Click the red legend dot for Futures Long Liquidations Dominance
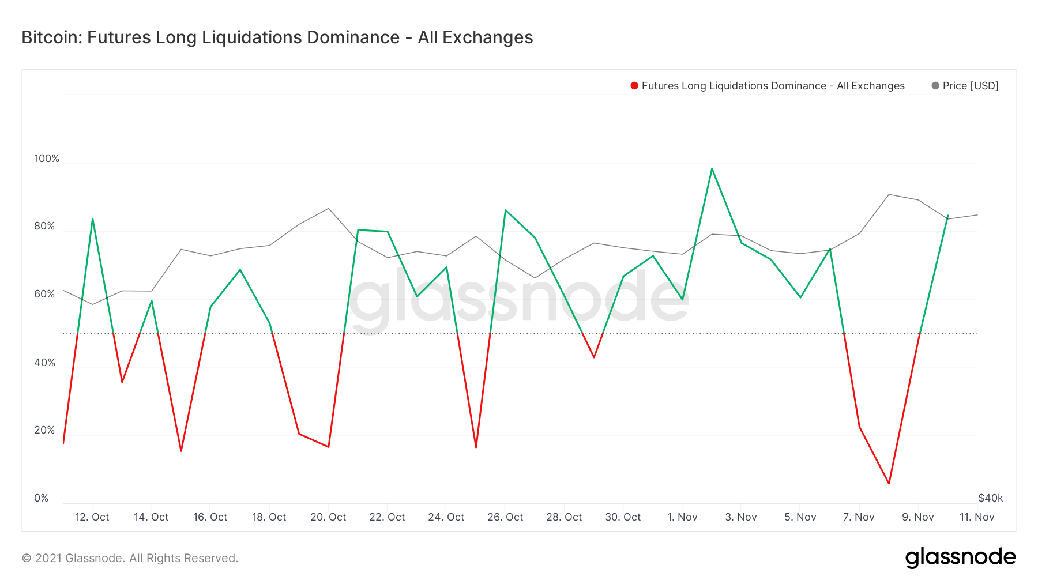click(634, 86)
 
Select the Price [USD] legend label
click(971, 86)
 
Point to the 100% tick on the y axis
click(47, 159)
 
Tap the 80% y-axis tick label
click(44, 226)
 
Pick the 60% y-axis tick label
click(44, 294)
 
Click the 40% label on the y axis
click(44, 363)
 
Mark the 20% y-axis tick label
click(44, 430)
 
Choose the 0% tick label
click(42, 498)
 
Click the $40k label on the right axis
click(990, 498)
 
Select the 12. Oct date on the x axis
click(92, 517)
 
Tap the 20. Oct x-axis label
click(328, 517)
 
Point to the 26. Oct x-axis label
click(505, 517)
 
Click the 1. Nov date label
click(682, 517)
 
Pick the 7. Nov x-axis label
click(859, 517)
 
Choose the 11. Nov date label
click(977, 517)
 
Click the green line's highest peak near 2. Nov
click(712, 169)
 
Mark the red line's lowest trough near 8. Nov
click(889, 483)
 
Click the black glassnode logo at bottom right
click(960, 557)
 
